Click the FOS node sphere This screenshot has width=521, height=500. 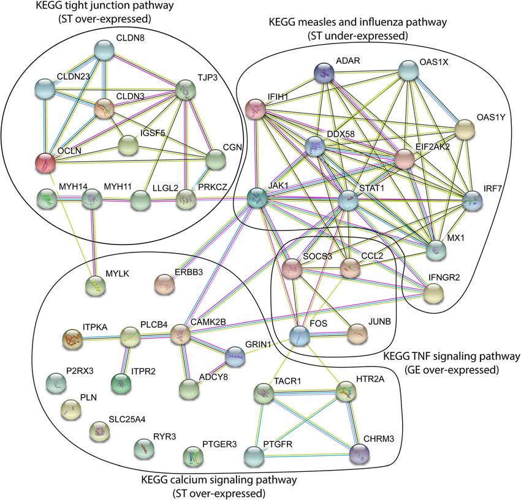(x=300, y=335)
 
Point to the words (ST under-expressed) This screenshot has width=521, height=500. (x=358, y=36)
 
